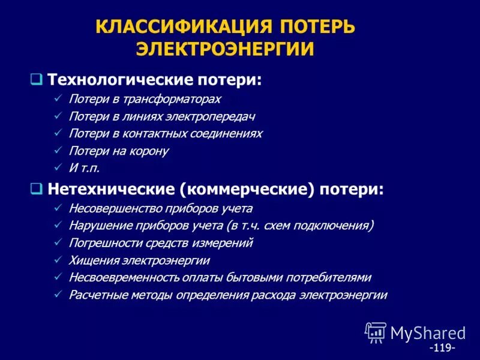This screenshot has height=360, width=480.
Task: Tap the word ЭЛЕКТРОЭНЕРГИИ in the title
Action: pyautogui.click(x=225, y=49)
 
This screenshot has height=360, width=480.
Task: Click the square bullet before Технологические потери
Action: pyautogui.click(x=37, y=79)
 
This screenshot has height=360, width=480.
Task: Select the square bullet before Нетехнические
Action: pyautogui.click(x=37, y=189)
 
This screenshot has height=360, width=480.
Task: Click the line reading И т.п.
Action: pyautogui.click(x=84, y=168)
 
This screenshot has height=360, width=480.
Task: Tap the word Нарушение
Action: pyautogui.click(x=97, y=226)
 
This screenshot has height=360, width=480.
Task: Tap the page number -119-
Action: pyautogui.click(x=442, y=348)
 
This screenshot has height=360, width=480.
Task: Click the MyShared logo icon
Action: pyautogui.click(x=376, y=332)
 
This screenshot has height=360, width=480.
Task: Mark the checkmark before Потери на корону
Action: pyautogui.click(x=57, y=151)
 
